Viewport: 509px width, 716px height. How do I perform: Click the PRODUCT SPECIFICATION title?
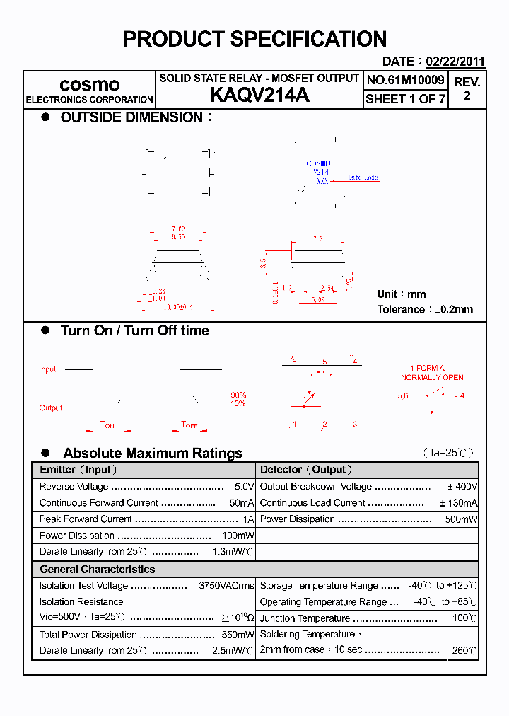coord(255,39)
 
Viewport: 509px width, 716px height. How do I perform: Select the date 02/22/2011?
coord(455,62)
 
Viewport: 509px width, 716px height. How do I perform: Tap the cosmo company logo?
coord(89,85)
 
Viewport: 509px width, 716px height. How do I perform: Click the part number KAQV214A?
coord(259,96)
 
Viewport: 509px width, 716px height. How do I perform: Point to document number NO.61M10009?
coord(406,80)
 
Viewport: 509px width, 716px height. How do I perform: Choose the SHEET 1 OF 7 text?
coord(406,99)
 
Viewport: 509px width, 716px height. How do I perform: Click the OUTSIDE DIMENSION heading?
coord(131,117)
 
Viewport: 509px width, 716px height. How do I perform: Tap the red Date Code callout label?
coord(363,178)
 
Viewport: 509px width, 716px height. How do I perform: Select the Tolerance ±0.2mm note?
coord(425,309)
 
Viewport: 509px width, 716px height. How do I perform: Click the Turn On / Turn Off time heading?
coord(134,330)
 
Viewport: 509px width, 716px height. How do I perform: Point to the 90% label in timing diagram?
coord(238,395)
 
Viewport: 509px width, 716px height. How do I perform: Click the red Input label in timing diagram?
coord(47,369)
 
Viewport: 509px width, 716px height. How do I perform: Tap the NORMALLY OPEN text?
coord(432,378)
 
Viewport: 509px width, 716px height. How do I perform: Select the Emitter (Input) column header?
coord(78,470)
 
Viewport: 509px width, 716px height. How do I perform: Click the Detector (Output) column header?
coord(306,470)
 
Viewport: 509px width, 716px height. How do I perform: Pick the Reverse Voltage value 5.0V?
coord(244,487)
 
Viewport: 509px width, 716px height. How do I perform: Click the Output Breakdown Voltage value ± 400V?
coord(462,487)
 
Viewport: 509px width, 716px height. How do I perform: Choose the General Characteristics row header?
coord(97,570)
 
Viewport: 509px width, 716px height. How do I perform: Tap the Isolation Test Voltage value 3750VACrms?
coord(226,586)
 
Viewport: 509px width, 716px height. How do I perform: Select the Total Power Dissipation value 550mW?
coord(238,635)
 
